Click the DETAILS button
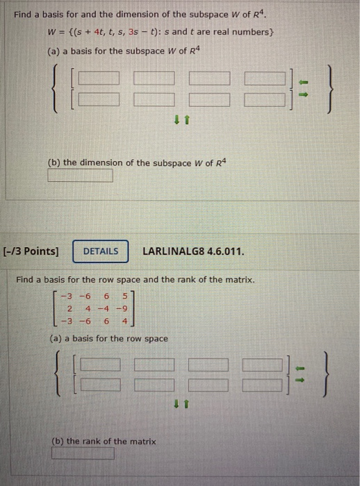click(101, 251)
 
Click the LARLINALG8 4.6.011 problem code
click(193, 251)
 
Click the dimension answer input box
click(80, 176)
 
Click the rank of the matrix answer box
click(83, 454)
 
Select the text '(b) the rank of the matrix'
click(104, 441)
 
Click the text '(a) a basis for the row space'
click(108, 339)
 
